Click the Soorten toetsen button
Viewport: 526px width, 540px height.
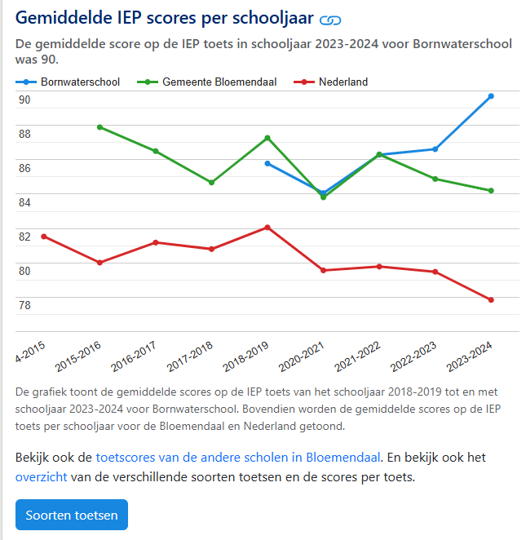pyautogui.click(x=72, y=515)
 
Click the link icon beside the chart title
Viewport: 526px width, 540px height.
pyautogui.click(x=329, y=19)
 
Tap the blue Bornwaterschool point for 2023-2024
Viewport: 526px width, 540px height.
pyautogui.click(x=491, y=96)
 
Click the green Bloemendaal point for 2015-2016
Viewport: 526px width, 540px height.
pyautogui.click(x=99, y=127)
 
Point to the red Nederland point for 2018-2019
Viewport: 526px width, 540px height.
pyautogui.click(x=267, y=228)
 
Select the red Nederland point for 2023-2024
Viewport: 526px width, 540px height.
pyautogui.click(x=491, y=300)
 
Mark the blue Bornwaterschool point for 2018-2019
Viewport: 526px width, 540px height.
pyautogui.click(x=267, y=163)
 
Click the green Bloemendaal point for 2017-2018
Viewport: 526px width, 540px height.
pyautogui.click(x=211, y=183)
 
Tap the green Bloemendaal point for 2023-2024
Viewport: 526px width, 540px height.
pyautogui.click(x=491, y=191)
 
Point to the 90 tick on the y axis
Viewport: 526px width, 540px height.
pyautogui.click(x=24, y=100)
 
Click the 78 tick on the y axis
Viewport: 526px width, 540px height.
pyautogui.click(x=24, y=306)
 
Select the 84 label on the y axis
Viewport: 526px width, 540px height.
pyautogui.click(x=24, y=203)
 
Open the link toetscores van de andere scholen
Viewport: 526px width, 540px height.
pyautogui.click(x=238, y=457)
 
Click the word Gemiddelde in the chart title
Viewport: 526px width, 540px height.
pyautogui.click(x=63, y=17)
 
